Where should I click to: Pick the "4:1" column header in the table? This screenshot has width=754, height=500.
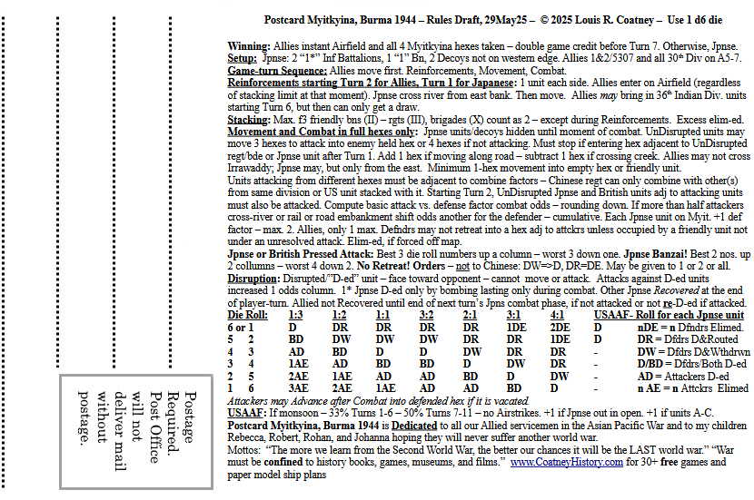(x=560, y=315)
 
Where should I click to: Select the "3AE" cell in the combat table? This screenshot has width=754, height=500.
(x=296, y=387)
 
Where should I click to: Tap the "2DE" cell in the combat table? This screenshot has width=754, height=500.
(x=560, y=327)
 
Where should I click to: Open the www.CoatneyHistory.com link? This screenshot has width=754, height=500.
(x=566, y=462)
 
